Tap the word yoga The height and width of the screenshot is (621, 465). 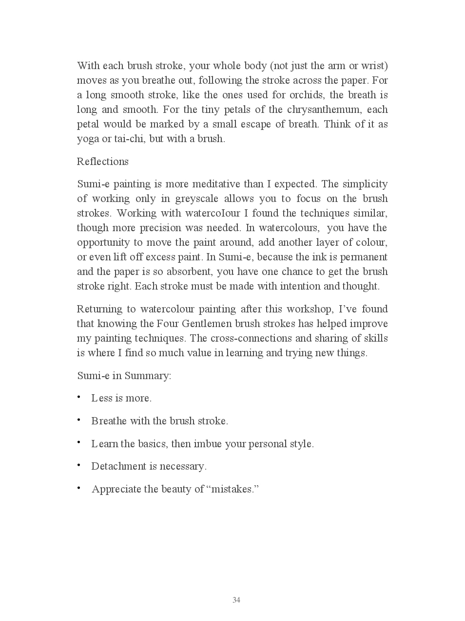[88, 139]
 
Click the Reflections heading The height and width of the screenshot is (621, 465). [103, 162]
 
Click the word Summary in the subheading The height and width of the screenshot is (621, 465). [148, 376]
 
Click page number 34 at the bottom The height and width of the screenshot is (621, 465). [236, 600]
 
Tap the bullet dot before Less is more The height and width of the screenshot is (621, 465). [78, 397]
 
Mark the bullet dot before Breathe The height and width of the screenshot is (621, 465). [78, 420]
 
